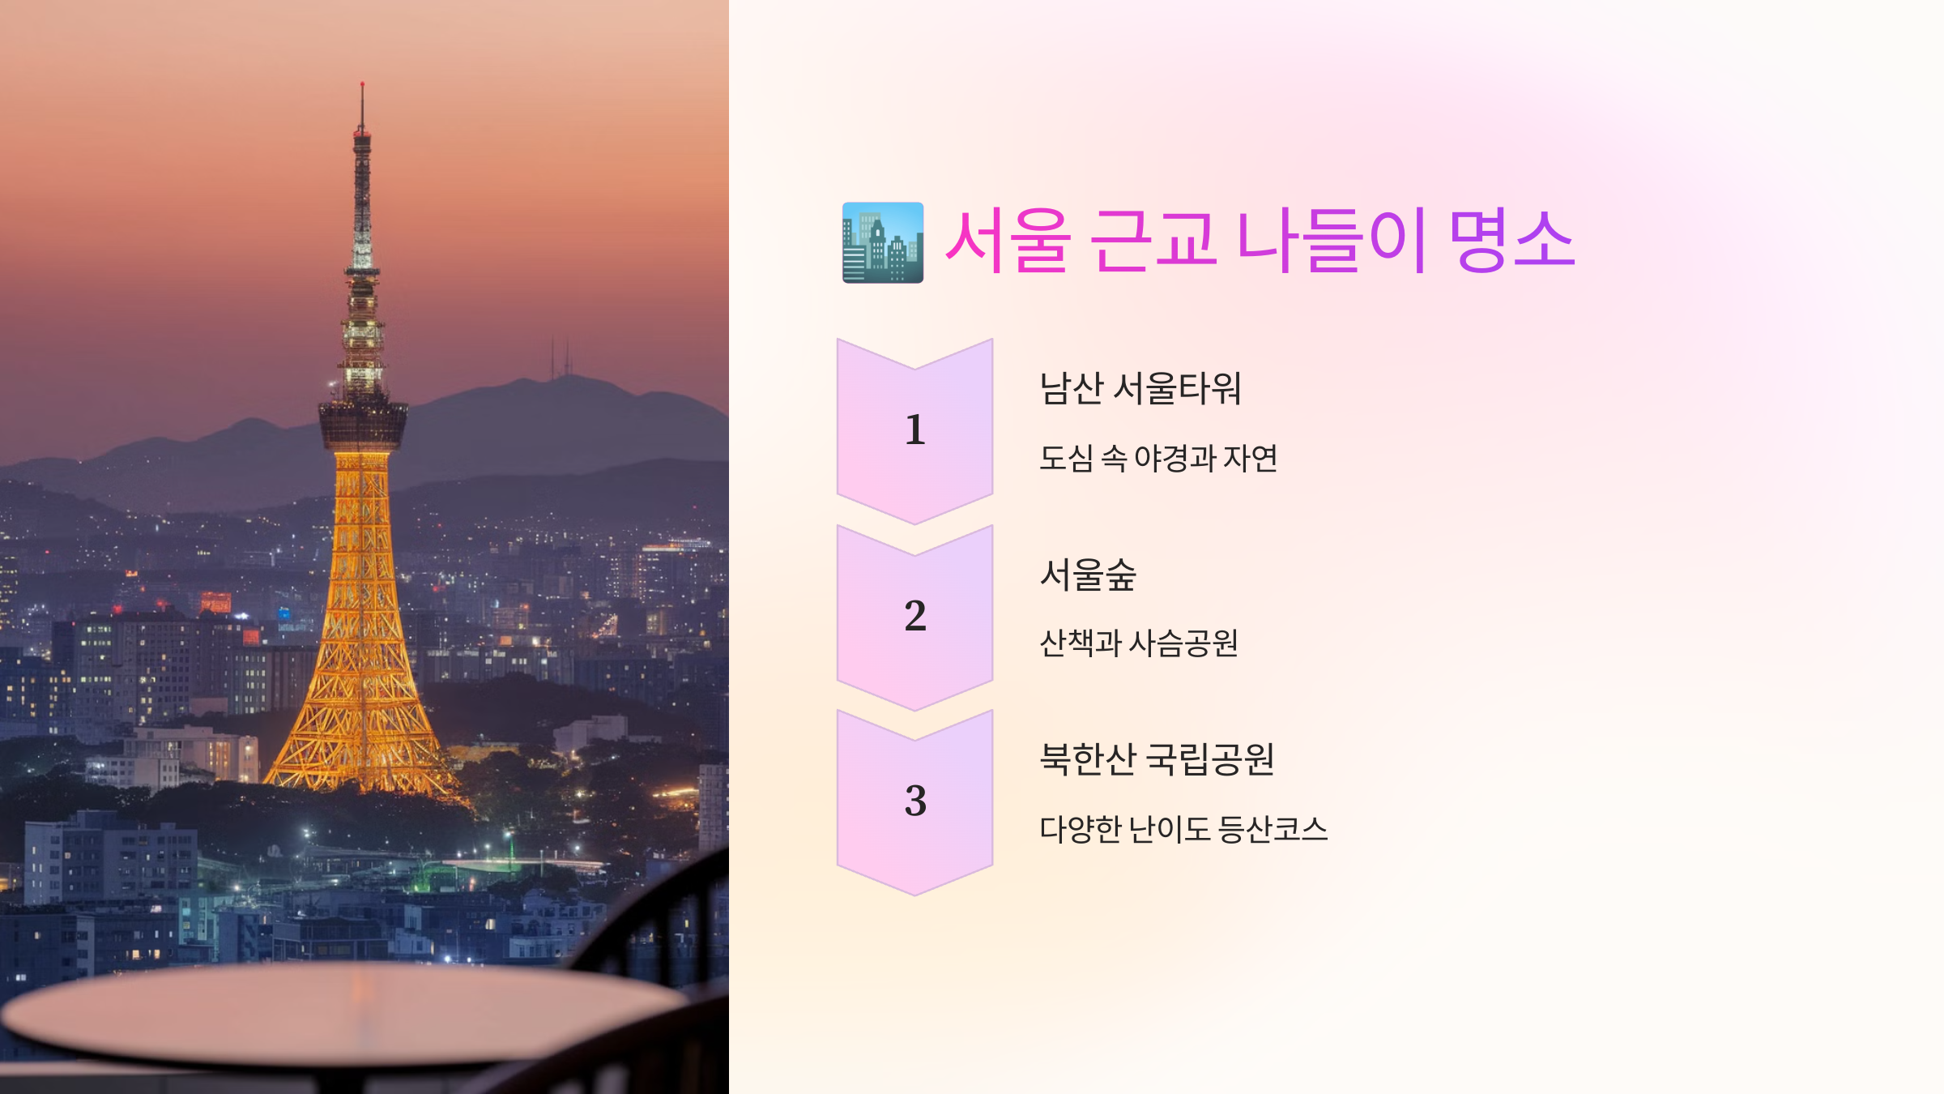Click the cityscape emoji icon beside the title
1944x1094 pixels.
(882, 242)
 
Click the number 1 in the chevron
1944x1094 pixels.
(914, 429)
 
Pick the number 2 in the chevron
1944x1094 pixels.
(914, 616)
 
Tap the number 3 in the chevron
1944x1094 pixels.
(914, 801)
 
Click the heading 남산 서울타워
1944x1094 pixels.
(1140, 388)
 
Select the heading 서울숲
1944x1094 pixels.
(1088, 575)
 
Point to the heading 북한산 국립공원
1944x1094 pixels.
(1157, 759)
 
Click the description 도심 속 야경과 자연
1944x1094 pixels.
(1158, 459)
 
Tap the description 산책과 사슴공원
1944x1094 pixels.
(1138, 643)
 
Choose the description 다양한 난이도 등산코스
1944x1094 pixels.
(1183, 829)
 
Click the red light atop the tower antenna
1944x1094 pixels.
(362, 84)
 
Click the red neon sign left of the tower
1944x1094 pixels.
(215, 602)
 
